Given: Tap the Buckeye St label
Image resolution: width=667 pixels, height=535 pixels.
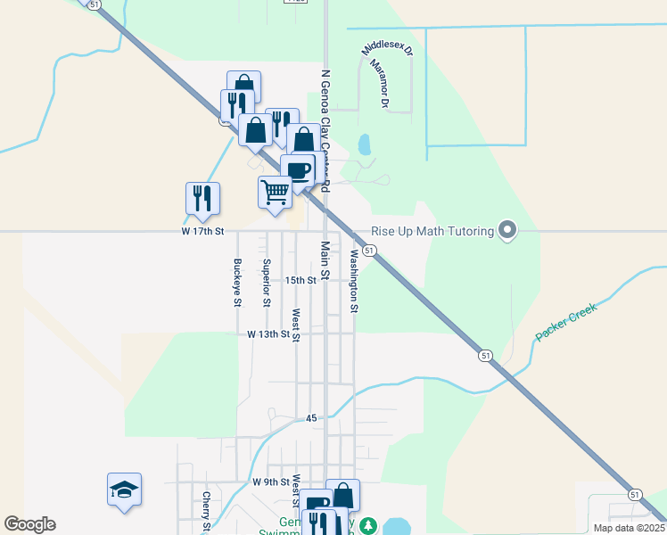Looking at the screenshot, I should tap(237, 283).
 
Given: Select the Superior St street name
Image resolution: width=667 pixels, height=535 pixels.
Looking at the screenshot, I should tap(267, 283).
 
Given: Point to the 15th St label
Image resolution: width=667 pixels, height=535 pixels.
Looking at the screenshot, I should tap(301, 280).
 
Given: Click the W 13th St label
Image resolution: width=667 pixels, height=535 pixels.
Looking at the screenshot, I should tap(268, 334).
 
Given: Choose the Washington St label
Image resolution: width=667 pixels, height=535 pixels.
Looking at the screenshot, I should tap(354, 281).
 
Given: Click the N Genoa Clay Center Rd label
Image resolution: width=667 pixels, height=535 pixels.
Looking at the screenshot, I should tap(325, 131).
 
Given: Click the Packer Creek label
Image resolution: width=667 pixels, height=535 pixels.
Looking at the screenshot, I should tap(564, 322).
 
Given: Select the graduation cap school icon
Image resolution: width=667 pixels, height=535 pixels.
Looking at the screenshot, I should tap(125, 490).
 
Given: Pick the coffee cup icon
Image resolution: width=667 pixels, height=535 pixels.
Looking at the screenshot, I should tap(298, 170).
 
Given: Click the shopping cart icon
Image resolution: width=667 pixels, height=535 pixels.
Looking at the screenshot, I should tap(276, 191).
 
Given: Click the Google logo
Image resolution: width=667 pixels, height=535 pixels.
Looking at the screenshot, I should tap(29, 524).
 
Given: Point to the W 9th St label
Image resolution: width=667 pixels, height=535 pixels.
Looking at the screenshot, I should tap(271, 481).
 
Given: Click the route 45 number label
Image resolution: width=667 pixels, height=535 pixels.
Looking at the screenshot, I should tap(311, 418).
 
